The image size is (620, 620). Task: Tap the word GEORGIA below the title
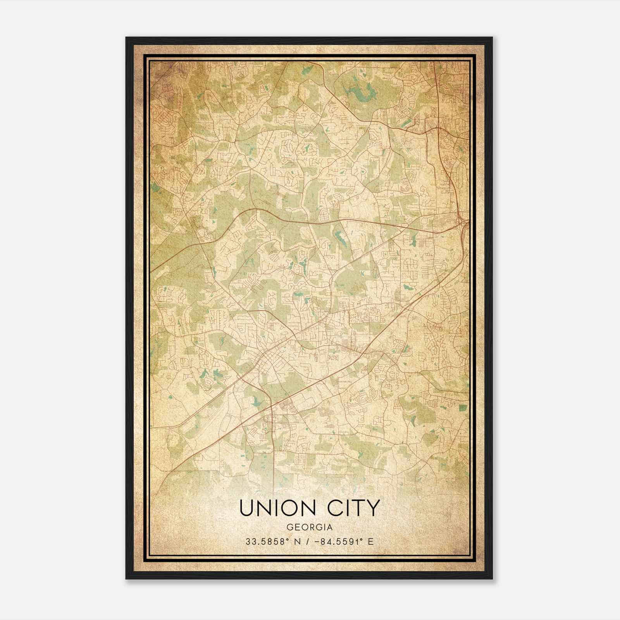[x=309, y=527]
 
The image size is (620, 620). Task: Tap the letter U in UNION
[x=247, y=508]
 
